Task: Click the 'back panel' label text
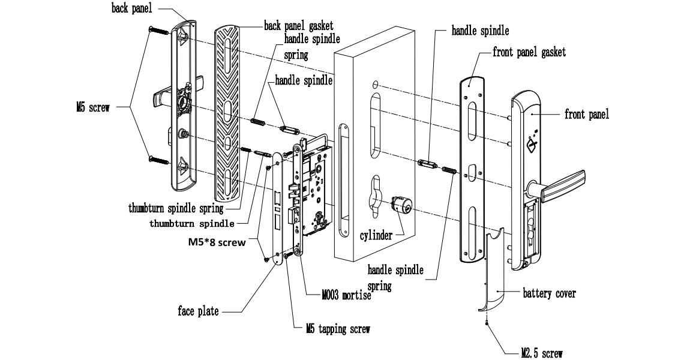click(131, 9)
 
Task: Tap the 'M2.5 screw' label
click(542, 353)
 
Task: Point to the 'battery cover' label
click(549, 293)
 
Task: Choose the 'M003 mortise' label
click(347, 295)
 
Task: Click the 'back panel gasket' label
click(299, 26)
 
